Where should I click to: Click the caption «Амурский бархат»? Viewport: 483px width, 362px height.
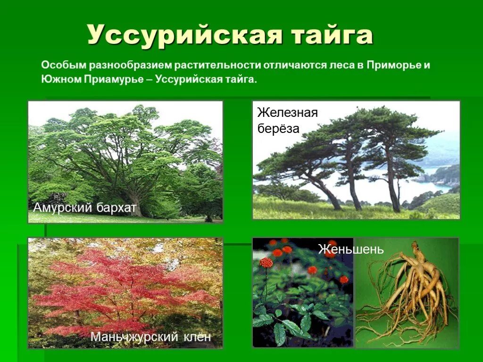tap(85, 207)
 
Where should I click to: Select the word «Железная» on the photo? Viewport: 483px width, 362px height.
tap(288, 113)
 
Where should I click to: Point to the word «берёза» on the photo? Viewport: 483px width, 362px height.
tap(279, 129)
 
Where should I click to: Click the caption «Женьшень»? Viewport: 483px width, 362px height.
tap(351, 249)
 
